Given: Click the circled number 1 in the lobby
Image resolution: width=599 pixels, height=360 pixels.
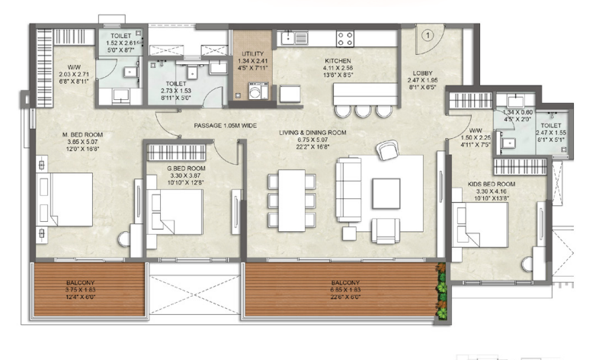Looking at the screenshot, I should pyautogui.click(x=428, y=34).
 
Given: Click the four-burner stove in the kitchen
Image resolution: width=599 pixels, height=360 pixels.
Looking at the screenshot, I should pyautogui.click(x=344, y=38).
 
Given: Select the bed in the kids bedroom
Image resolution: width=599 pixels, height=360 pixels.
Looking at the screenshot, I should pyautogui.click(x=482, y=224).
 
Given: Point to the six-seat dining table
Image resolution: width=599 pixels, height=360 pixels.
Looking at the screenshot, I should pyautogui.click(x=290, y=200).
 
